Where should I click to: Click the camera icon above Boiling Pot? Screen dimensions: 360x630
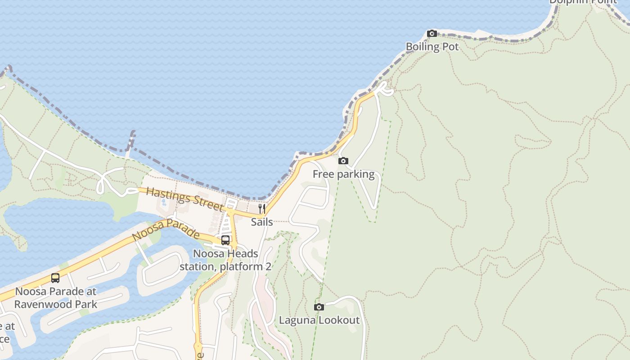(432, 33)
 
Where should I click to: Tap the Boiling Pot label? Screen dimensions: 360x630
(432, 47)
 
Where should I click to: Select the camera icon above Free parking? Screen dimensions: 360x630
(343, 161)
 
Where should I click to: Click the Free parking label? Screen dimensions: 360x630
(343, 174)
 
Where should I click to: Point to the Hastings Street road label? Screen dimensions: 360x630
(184, 199)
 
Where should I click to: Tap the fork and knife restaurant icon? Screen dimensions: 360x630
(262, 209)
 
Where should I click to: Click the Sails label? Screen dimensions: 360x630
(262, 222)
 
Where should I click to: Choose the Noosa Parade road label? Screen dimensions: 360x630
(166, 229)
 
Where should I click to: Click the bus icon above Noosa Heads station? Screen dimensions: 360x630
(225, 240)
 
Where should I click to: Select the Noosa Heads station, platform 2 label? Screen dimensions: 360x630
(225, 260)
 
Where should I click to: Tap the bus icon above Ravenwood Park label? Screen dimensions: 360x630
(55, 278)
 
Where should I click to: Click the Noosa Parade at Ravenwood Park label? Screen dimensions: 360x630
(55, 298)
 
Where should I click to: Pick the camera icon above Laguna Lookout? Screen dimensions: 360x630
(319, 307)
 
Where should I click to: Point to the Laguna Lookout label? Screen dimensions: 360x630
(319, 320)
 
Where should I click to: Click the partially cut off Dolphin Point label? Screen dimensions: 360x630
(583, 2)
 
